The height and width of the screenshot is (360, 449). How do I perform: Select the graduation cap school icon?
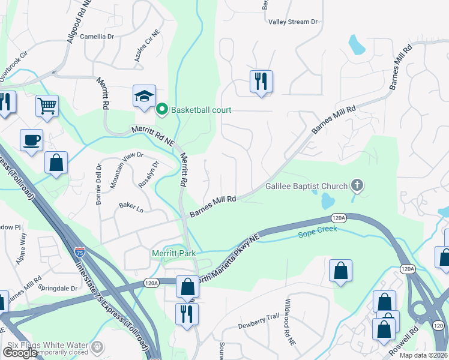coord(144,97)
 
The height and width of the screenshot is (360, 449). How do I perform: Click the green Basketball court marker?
coord(161,110)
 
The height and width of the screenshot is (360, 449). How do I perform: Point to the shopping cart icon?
coord(47,107)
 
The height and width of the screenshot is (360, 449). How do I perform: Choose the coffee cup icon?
coord(32,141)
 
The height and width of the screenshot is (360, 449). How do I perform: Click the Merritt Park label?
coord(173,254)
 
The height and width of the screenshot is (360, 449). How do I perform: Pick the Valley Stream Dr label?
coord(293,22)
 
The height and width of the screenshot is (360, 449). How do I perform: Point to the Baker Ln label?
coord(131,208)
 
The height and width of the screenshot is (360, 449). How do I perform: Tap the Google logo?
coord(20,353)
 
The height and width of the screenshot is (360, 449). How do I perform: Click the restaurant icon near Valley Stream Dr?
coord(261,82)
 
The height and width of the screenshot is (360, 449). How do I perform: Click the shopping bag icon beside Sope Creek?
coord(340,271)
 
